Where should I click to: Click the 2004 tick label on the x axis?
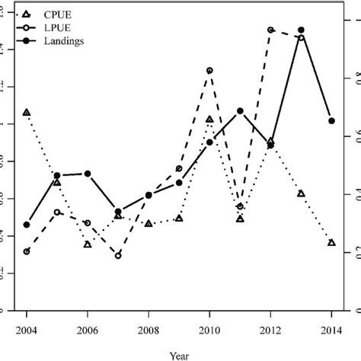(x=27, y=329)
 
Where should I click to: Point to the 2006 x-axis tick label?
(x=88, y=329)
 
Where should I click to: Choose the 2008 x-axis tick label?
(x=149, y=329)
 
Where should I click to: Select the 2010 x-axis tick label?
(x=209, y=329)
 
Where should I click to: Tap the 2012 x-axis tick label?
(x=270, y=329)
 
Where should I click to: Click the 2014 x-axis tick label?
(x=331, y=329)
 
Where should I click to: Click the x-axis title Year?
(x=179, y=353)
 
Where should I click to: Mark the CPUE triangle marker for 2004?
(x=27, y=113)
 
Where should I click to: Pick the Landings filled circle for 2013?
(x=301, y=30)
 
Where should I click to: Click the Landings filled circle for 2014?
(x=331, y=120)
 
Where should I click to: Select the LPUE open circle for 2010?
(x=209, y=70)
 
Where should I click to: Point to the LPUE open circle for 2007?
(x=118, y=255)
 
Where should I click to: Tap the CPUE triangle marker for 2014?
(x=331, y=242)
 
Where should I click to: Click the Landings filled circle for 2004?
(x=27, y=225)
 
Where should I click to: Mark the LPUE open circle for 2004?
(x=27, y=251)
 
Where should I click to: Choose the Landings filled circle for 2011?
(x=240, y=111)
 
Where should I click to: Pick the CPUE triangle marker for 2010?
(x=209, y=120)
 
